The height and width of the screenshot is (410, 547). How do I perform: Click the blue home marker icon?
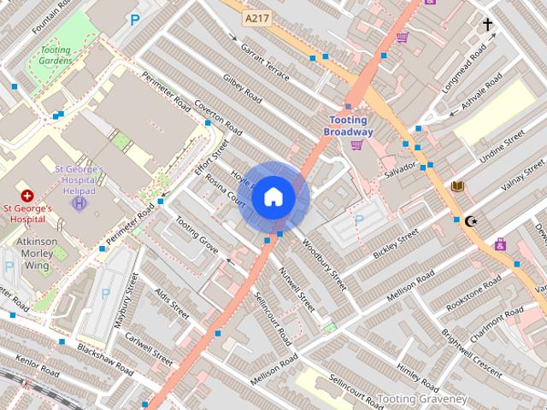(273, 197)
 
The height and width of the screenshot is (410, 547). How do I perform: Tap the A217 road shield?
(256, 17)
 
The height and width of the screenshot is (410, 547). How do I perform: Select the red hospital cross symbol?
(27, 196)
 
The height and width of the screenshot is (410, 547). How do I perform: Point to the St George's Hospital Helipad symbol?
(79, 202)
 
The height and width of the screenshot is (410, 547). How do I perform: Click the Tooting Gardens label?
(56, 56)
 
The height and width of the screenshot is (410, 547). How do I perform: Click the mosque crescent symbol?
(469, 220)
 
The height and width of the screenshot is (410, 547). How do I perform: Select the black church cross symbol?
(488, 25)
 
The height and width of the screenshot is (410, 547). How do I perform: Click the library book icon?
(458, 186)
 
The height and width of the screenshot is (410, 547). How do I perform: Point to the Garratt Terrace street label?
(264, 58)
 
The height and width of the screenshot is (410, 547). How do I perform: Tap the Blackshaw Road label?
(104, 361)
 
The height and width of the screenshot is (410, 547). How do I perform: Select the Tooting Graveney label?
(422, 399)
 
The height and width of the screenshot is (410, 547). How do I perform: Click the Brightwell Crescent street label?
(465, 342)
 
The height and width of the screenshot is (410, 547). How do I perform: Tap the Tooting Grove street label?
(197, 233)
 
